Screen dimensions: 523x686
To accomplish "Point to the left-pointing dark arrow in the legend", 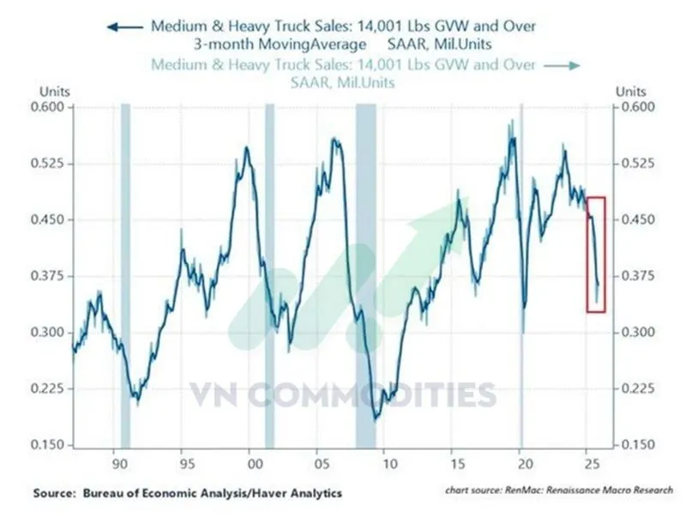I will point(124,27).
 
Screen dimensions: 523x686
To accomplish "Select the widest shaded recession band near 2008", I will point(366,274).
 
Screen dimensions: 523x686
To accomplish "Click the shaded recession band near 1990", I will point(125,274).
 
